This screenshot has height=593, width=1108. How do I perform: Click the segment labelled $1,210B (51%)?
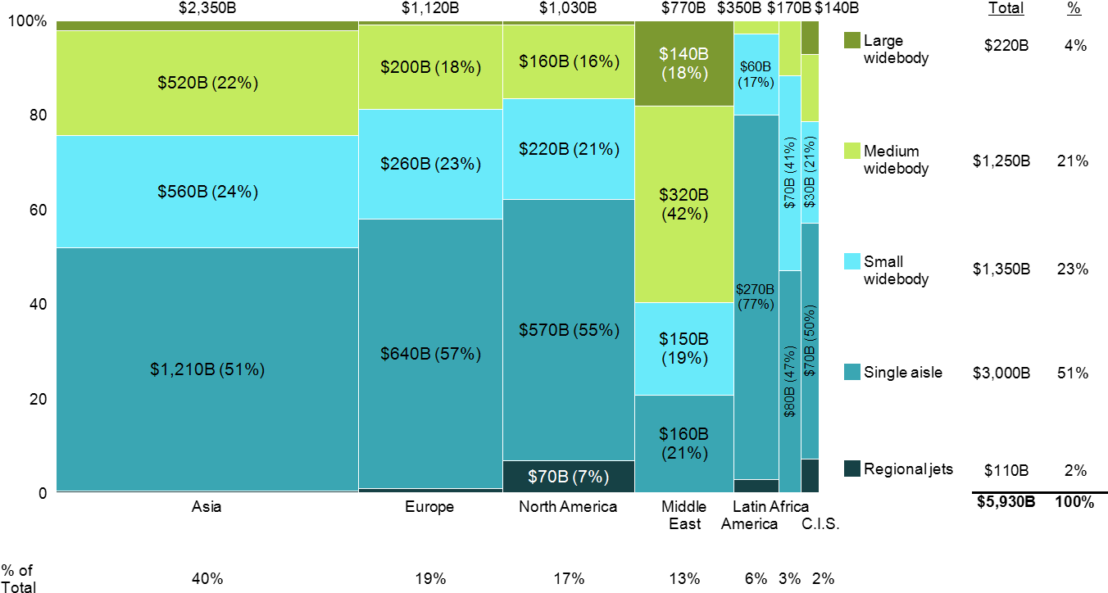pos(207,369)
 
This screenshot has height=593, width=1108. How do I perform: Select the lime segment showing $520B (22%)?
pos(207,83)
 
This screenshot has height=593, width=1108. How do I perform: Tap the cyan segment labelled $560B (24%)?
pos(207,191)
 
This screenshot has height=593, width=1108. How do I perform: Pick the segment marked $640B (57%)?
pos(430,353)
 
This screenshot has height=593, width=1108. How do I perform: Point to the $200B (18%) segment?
pos(430,67)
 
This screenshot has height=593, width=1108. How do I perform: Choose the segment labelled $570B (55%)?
pos(568,329)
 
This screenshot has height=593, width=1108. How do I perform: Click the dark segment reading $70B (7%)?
pos(568,477)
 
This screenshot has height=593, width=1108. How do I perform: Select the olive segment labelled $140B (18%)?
pos(683,63)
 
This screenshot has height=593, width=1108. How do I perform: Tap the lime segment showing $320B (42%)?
pos(683,204)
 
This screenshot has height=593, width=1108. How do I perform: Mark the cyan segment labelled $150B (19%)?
pos(683,348)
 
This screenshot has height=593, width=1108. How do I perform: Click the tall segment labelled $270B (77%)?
pos(756,296)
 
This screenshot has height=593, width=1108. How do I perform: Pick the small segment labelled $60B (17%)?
pos(756,74)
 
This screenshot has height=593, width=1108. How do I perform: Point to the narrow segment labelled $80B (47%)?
pos(789,381)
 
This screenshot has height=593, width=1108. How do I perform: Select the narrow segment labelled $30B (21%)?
pos(810,172)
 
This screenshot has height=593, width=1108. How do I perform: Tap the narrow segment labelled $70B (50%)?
pos(810,340)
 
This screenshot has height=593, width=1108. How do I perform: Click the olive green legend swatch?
pos(852,40)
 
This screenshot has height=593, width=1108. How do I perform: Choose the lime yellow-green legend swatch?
pos(852,151)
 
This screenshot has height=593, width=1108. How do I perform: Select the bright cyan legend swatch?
pos(852,261)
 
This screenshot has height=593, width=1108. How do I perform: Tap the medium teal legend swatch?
pos(852,372)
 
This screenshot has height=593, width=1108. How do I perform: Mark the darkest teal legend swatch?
pos(852,469)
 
